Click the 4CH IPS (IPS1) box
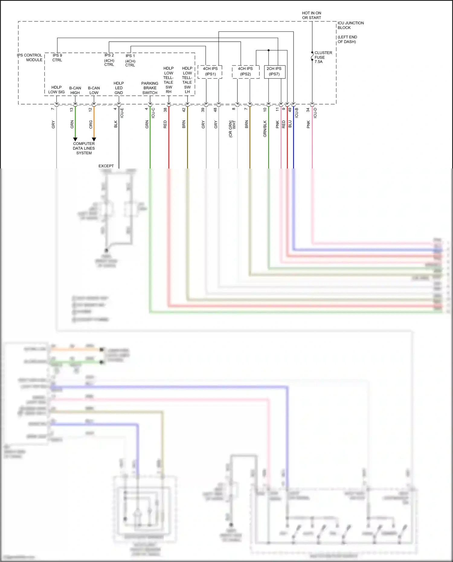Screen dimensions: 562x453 pyautogui.click(x=210, y=72)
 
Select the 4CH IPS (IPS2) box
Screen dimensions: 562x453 pyautogui.click(x=245, y=72)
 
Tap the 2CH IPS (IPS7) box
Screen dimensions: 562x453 pyautogui.click(x=274, y=72)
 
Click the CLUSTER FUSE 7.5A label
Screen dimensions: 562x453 pyautogui.click(x=323, y=57)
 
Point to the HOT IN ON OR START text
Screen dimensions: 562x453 pyautogui.click(x=311, y=15)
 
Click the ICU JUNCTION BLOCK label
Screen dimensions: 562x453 pyautogui.click(x=350, y=25)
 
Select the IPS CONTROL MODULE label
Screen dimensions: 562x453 pyautogui.click(x=30, y=57)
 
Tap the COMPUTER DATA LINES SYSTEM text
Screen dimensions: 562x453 pyautogui.click(x=84, y=148)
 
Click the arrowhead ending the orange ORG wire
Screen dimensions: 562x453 pyautogui.click(x=94, y=139)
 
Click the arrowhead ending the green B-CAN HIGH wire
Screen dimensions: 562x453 pyautogui.click(x=75, y=139)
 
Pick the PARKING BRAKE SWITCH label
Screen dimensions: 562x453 pyautogui.click(x=150, y=88)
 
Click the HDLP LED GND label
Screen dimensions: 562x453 pyautogui.click(x=119, y=88)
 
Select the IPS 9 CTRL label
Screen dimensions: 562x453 pyautogui.click(x=57, y=58)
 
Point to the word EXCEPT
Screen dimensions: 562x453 pyautogui.click(x=106, y=166)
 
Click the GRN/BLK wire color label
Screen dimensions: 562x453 pyautogui.click(x=265, y=129)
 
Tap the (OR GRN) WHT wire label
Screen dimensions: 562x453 pyautogui.click(x=232, y=129)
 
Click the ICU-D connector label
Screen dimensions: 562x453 pyautogui.click(x=315, y=113)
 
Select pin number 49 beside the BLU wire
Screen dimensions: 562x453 pyautogui.click(x=290, y=110)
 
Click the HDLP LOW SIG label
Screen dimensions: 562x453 pyautogui.click(x=56, y=90)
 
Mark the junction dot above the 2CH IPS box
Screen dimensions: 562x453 pyautogui.click(x=268, y=50)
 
